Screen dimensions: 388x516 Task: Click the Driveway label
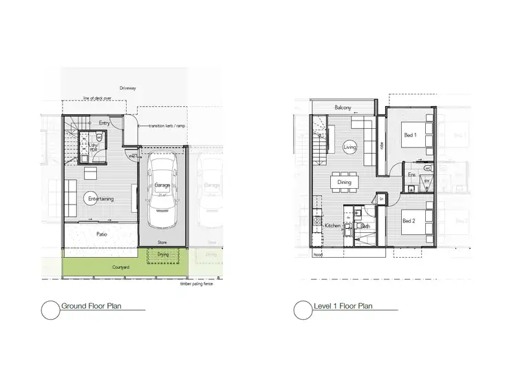tap(127, 89)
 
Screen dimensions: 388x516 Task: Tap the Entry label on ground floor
tap(105, 123)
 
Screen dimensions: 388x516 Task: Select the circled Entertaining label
tap(100, 199)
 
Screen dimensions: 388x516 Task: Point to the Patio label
tap(103, 234)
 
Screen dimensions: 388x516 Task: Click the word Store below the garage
tap(162, 242)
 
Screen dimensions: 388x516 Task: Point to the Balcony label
tap(343, 108)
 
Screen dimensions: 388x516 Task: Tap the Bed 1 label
tap(410, 136)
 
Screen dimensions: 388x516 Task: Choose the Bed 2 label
tap(409, 221)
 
